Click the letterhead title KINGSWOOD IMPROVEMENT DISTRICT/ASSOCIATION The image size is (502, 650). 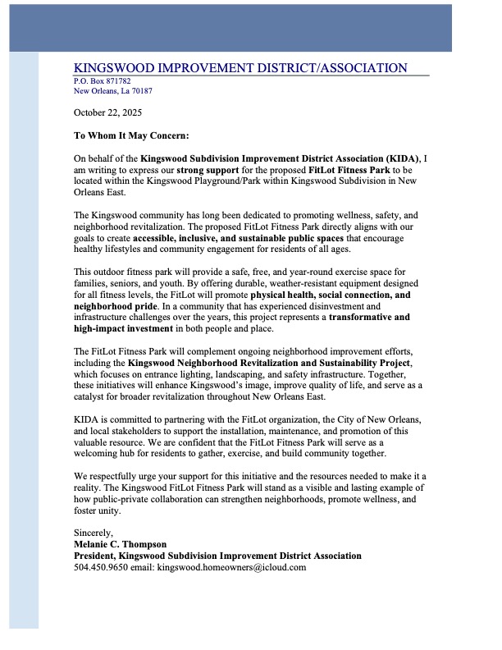tap(240, 68)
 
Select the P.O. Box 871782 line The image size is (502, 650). tap(102, 81)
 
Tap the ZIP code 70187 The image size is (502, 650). tap(141, 91)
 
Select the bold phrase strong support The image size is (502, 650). tap(205, 169)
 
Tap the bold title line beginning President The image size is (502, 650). tap(217, 556)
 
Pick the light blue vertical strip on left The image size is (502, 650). tap(24, 345)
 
